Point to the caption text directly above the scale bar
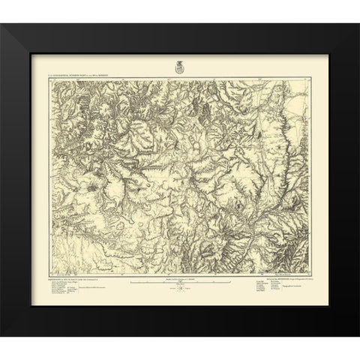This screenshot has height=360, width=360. click(x=179, y=278)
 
